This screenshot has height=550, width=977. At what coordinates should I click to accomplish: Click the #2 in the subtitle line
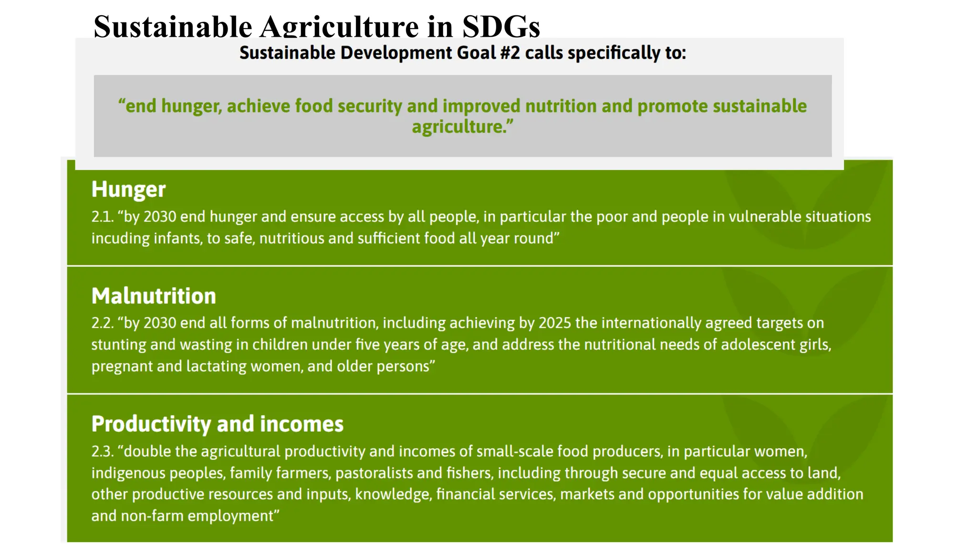tap(510, 53)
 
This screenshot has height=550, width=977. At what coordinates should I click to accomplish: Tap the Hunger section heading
tap(128, 189)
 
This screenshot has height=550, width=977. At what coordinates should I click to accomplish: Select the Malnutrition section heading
tap(154, 296)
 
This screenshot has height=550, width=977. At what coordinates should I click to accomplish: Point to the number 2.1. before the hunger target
tap(103, 217)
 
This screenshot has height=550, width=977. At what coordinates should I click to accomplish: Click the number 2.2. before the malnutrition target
tap(103, 323)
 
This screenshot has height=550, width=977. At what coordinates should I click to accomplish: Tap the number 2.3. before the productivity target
tap(103, 451)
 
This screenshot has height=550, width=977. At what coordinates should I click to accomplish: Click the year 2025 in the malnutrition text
tap(555, 323)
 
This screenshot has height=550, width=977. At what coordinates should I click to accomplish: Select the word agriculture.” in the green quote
tap(462, 127)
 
